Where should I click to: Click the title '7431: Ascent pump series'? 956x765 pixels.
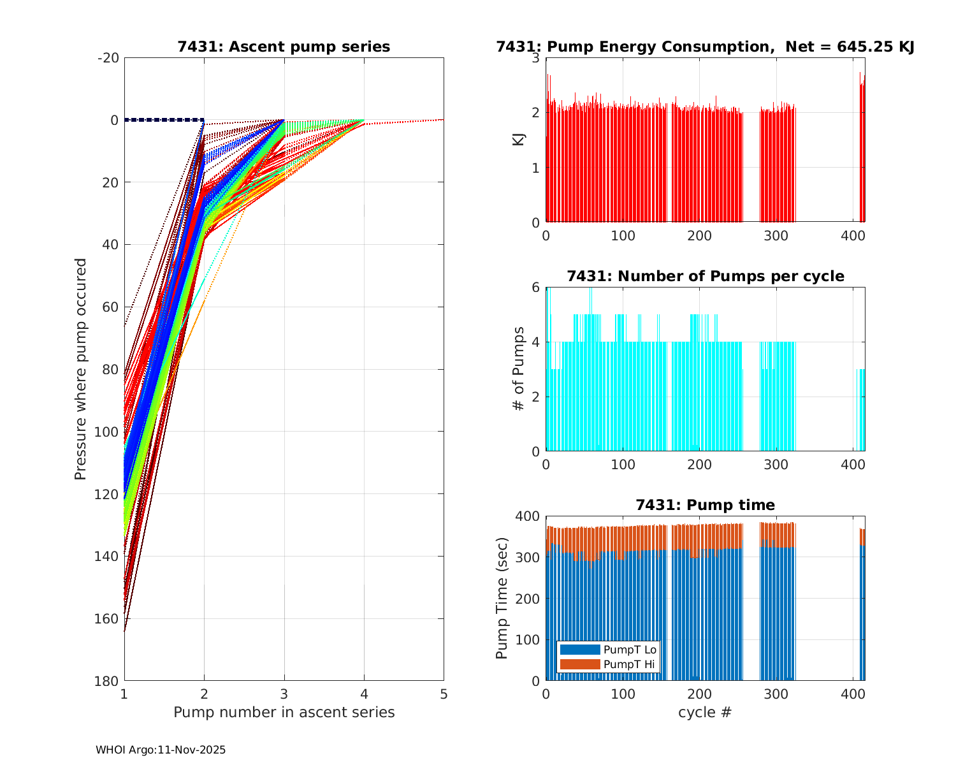tap(284, 47)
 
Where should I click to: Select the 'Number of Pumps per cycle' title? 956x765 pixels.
tap(705, 276)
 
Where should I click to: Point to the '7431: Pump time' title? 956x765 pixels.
tap(705, 505)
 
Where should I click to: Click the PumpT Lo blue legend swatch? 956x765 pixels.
tap(579, 650)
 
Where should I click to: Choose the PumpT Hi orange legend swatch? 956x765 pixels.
tap(579, 664)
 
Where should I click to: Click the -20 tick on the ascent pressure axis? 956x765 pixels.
tap(108, 58)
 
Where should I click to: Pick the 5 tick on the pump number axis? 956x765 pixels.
tap(444, 694)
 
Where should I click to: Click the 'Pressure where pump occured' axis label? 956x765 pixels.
tap(80, 369)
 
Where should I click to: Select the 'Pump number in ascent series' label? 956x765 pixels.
tap(284, 712)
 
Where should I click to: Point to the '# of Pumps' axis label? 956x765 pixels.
tap(519, 368)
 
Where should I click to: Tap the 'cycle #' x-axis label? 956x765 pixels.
tap(705, 712)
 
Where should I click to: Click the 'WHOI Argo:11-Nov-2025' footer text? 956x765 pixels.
tap(161, 750)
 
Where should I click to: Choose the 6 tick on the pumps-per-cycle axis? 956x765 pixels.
tap(535, 288)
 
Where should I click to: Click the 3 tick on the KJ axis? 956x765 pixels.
tap(535, 58)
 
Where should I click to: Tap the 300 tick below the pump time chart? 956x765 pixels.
tap(776, 694)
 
